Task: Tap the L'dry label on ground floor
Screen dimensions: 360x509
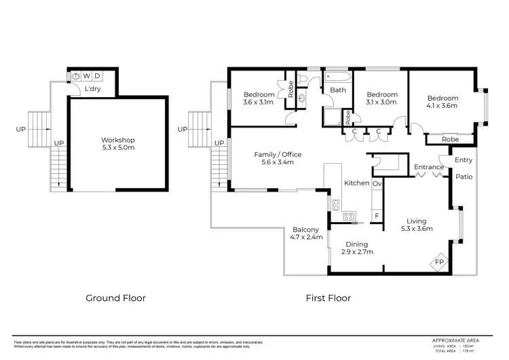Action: [x=92, y=89]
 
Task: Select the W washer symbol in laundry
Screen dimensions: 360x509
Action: [x=86, y=75]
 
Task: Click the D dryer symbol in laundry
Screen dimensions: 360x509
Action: [x=97, y=75]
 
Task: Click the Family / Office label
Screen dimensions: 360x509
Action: [x=278, y=154]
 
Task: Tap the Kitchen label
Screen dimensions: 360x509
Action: [x=356, y=183]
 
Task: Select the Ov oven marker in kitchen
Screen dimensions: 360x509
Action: [x=377, y=183]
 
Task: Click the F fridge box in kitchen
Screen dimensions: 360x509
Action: [x=377, y=216]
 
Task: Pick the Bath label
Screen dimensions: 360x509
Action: [x=337, y=90]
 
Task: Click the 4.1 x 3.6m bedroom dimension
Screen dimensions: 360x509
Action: [x=442, y=106]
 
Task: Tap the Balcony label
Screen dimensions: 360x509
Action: [x=305, y=230]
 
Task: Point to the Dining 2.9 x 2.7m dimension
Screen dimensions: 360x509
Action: [x=356, y=252]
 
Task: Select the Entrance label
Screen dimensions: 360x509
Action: [x=429, y=167]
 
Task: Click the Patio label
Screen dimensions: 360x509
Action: [x=463, y=177]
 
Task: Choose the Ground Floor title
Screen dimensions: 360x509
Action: [x=115, y=298]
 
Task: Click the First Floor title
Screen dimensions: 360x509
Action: [x=328, y=298]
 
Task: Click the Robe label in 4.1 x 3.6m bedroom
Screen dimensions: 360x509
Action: [x=449, y=139]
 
